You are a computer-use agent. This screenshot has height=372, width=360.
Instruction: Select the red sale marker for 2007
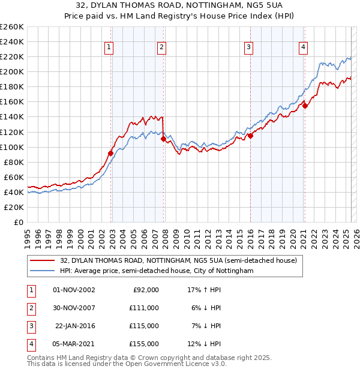[x=163, y=139]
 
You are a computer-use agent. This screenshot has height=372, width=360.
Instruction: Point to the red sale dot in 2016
[x=250, y=136]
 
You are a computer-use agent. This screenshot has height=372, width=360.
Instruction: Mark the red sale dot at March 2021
[x=305, y=106]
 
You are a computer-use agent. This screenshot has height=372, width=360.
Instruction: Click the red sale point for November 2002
[x=111, y=153]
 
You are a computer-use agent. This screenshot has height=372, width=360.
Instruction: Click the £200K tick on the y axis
[x=11, y=71]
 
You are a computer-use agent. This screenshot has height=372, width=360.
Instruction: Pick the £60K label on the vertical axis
[x=14, y=177]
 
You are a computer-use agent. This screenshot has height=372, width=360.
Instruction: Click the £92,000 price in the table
[x=146, y=290]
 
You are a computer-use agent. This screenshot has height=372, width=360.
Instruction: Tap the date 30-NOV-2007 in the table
[x=74, y=308]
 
